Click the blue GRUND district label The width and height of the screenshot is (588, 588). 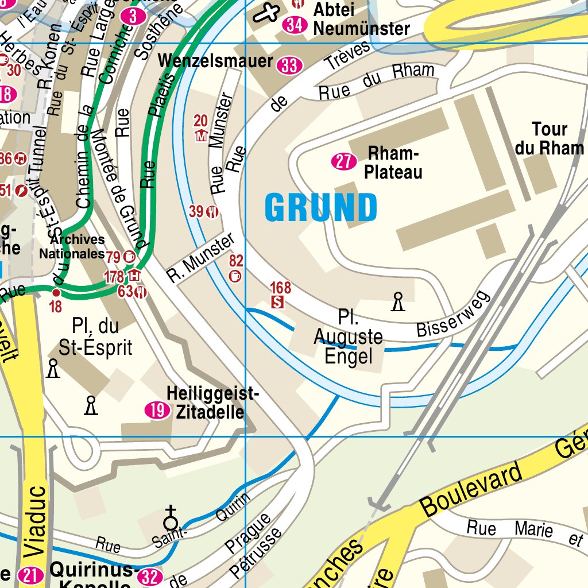[x=321, y=208]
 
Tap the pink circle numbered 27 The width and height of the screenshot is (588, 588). [x=343, y=162]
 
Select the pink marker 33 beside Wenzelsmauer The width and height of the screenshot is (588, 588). [x=289, y=66]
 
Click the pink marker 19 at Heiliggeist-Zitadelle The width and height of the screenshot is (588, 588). [x=155, y=410]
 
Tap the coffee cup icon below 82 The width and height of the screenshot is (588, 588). [x=235, y=277]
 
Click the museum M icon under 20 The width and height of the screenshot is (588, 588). [x=201, y=136]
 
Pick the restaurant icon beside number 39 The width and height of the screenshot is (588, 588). [x=212, y=212]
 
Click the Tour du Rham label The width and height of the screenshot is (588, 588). [x=549, y=138]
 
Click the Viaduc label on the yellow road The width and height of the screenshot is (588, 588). [x=34, y=521]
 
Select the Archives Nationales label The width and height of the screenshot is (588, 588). [x=72, y=246]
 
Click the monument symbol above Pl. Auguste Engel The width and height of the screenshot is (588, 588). [x=397, y=301]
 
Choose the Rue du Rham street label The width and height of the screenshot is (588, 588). [x=376, y=82]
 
